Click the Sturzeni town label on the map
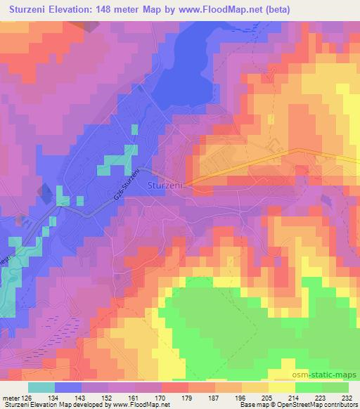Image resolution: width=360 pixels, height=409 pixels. pos(166,185)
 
